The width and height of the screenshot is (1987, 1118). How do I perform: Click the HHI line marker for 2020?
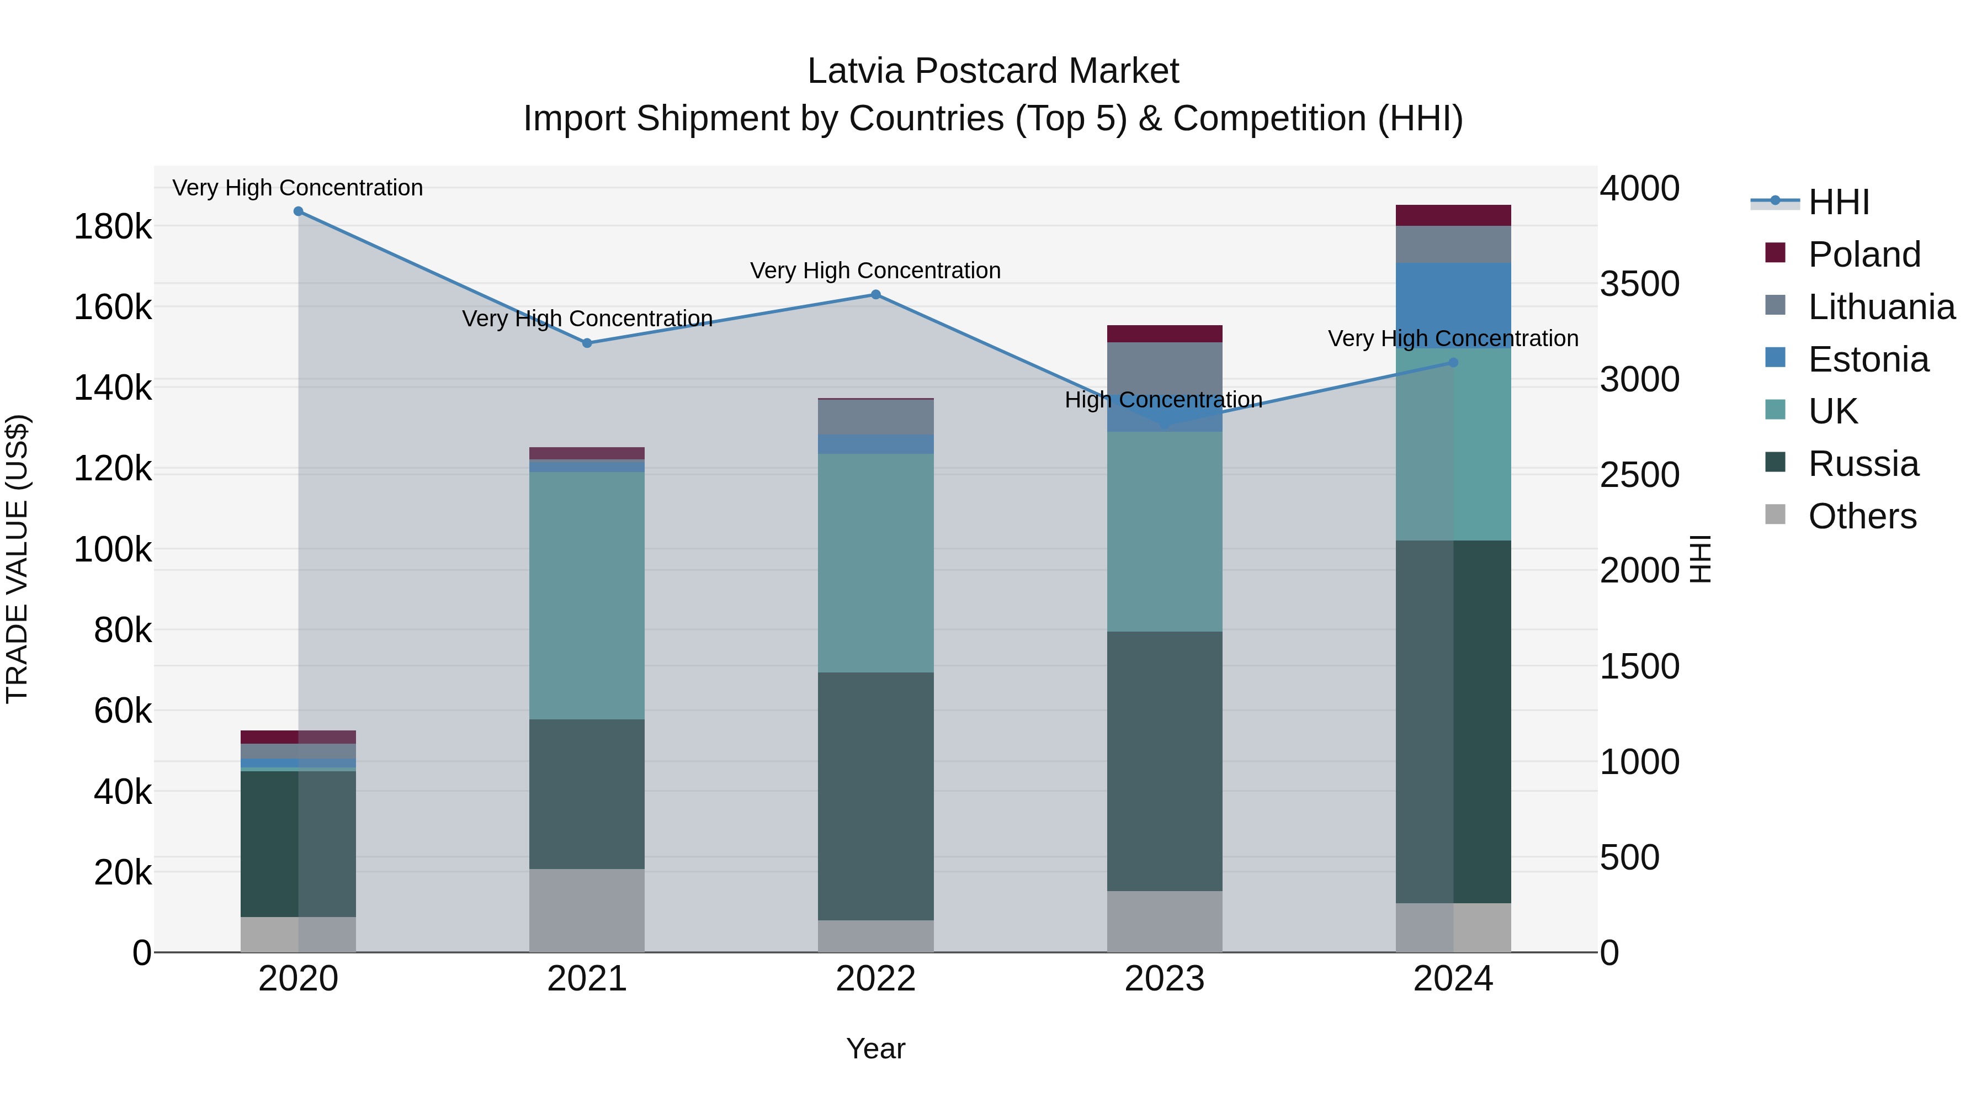(x=299, y=211)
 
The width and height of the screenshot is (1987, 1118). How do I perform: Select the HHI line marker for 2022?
(x=875, y=295)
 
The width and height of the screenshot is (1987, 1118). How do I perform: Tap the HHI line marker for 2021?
(x=587, y=343)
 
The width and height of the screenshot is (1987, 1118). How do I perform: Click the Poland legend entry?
(x=1863, y=255)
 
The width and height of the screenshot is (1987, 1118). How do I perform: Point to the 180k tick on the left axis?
(x=113, y=227)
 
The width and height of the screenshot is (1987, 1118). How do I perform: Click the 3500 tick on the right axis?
(x=1639, y=284)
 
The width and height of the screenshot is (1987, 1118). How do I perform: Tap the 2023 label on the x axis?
(x=1164, y=978)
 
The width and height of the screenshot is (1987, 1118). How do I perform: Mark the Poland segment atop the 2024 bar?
(x=1453, y=215)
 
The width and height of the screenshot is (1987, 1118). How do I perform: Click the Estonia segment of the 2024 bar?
(x=1453, y=305)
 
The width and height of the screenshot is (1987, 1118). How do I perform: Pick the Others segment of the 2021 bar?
(x=587, y=910)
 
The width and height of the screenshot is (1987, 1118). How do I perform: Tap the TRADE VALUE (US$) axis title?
(x=17, y=559)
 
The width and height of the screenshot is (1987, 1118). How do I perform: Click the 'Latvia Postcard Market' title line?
(x=993, y=71)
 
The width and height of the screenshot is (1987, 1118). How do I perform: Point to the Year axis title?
(x=875, y=1048)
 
